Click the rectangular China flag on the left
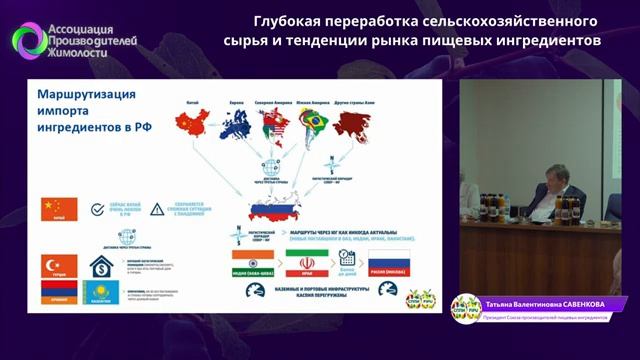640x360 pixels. pyautogui.click(x=56, y=208)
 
